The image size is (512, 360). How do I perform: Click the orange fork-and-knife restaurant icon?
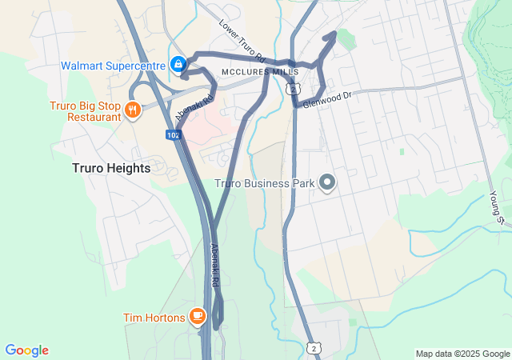click(133, 110)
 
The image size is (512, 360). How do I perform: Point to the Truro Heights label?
click(110, 168)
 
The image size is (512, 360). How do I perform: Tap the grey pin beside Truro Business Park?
click(326, 183)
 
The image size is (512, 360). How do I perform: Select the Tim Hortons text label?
click(154, 318)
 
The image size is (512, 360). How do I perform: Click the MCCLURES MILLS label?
click(254, 72)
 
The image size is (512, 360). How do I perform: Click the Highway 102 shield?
click(174, 135)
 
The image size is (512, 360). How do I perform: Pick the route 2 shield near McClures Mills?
click(294, 89)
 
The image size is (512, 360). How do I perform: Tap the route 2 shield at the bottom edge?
click(314, 349)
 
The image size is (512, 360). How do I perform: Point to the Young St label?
click(497, 206)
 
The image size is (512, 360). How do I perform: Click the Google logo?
click(27, 350)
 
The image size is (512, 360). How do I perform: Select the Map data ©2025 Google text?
click(462, 354)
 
